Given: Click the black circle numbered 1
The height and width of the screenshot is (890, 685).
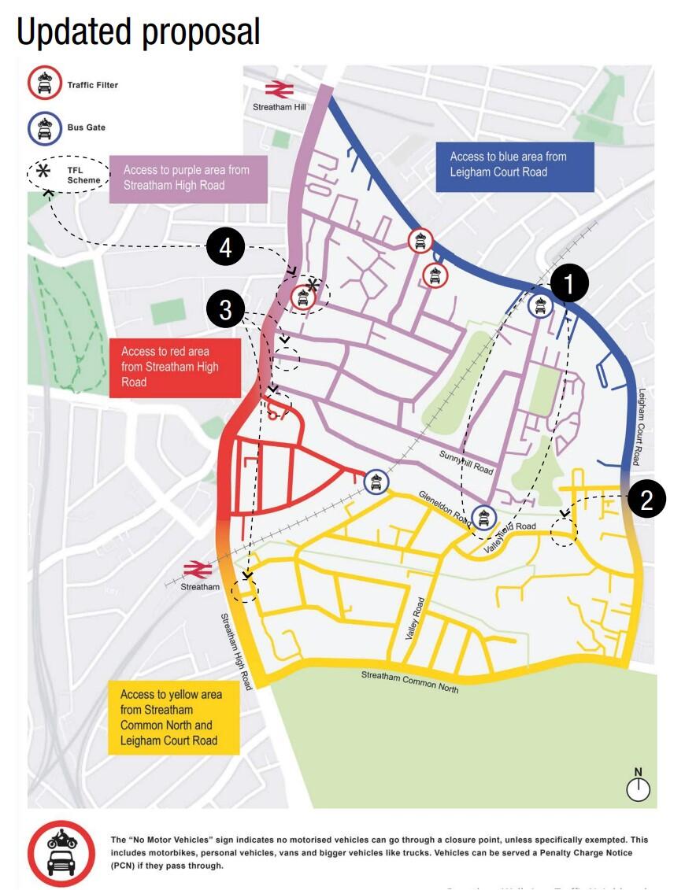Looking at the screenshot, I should click(x=569, y=283).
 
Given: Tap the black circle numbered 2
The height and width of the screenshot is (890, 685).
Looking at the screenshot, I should click(x=646, y=499).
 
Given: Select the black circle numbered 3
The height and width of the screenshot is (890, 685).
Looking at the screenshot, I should click(x=226, y=311).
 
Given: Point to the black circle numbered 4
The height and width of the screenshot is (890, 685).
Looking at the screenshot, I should click(x=226, y=249).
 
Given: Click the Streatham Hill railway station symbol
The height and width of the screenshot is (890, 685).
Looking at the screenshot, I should click(x=279, y=89).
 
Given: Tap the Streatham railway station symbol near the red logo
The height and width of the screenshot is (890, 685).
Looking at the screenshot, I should click(x=198, y=569).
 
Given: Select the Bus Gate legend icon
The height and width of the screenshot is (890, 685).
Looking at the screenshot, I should click(x=45, y=127).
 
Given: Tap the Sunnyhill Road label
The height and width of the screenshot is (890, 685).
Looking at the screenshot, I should click(x=467, y=463).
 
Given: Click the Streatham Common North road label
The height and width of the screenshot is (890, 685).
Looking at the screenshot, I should click(x=409, y=681).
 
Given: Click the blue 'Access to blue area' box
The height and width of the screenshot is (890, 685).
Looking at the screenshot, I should click(x=515, y=166).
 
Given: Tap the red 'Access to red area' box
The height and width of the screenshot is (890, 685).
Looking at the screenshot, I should click(x=174, y=367).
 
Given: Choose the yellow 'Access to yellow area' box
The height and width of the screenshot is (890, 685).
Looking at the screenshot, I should click(x=173, y=718).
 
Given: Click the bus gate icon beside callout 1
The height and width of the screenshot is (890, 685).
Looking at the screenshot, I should click(x=540, y=305).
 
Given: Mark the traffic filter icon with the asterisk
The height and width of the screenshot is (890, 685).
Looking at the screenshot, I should click(x=303, y=297).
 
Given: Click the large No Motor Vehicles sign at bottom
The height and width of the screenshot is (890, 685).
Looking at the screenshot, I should click(x=61, y=854).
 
